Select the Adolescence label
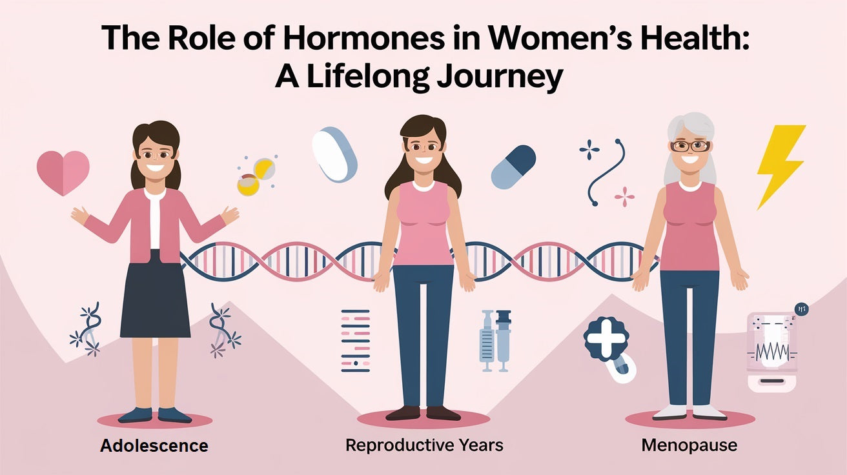tap(154, 445)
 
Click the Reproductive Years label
tap(424, 445)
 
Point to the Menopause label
tap(689, 445)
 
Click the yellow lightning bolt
tap(780, 165)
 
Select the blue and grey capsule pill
tap(513, 167)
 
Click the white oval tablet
tap(334, 154)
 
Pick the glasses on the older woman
tap(689, 146)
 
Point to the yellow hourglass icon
tap(255, 176)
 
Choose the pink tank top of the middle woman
tap(423, 223)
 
